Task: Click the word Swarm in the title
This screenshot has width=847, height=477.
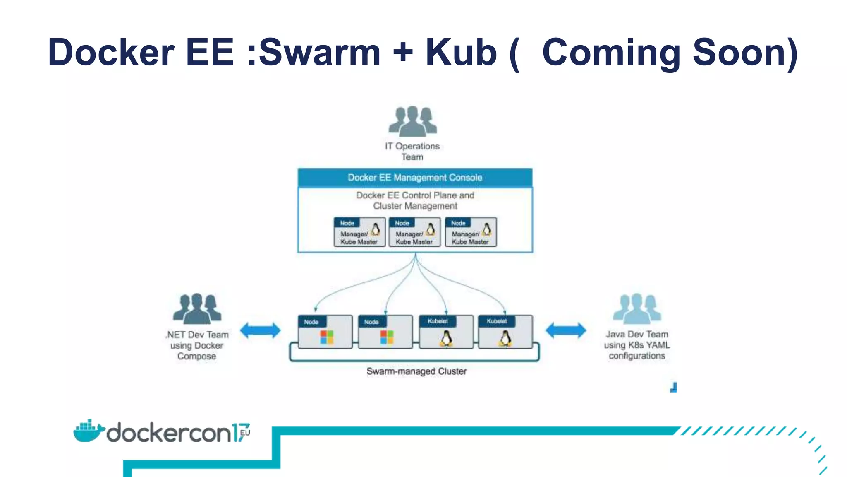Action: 319,53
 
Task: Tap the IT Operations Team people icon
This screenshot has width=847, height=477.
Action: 412,121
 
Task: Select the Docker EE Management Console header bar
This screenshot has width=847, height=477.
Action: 415,178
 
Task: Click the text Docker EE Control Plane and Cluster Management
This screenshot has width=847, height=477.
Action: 415,200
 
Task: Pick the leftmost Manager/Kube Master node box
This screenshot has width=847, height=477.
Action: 359,232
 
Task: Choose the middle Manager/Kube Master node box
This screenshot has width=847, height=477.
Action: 414,232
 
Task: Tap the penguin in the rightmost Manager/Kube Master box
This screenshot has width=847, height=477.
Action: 487,229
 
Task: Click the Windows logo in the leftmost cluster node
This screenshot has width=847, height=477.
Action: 326,337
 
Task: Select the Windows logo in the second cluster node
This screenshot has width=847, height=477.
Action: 387,337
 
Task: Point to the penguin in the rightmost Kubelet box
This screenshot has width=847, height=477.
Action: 505,338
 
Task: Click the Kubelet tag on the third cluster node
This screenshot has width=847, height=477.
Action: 438,321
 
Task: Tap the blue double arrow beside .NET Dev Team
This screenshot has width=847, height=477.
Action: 260,330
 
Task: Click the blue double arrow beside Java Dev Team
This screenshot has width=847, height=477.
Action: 565,330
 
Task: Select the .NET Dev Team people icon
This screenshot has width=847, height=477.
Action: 197,308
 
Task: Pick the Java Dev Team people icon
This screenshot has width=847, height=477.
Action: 636,308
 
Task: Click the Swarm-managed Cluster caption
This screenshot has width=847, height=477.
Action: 416,371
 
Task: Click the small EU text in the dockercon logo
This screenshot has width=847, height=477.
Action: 245,433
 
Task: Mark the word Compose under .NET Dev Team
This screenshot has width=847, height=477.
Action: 197,357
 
